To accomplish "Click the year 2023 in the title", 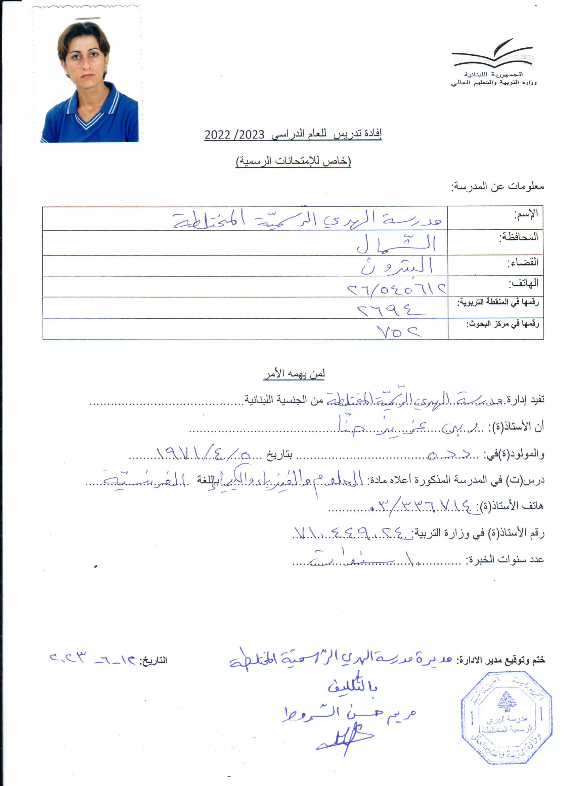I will [x=250, y=134].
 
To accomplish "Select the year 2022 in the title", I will [x=217, y=134].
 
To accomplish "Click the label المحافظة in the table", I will [x=518, y=237].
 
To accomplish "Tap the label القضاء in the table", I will [x=523, y=262].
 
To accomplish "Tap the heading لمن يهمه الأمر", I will [x=294, y=374].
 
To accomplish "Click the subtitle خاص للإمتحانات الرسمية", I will [x=293, y=161].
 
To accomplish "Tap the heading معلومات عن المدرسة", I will [x=497, y=187].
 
